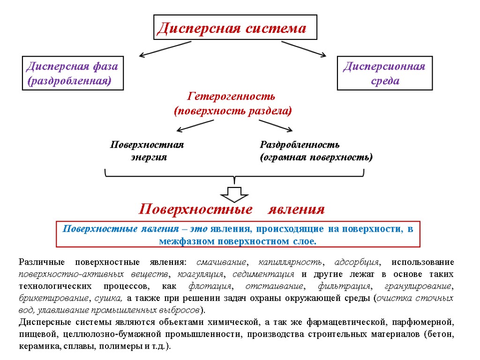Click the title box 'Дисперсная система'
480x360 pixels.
[x=235, y=27]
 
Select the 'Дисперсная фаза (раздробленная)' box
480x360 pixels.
[x=73, y=73]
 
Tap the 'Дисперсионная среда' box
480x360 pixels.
[x=384, y=73]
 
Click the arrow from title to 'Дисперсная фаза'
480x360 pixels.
[x=165, y=49]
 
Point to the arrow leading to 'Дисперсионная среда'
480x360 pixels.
[x=303, y=49]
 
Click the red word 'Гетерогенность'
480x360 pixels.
[x=231, y=97]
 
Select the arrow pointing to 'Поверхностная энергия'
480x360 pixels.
[x=195, y=125]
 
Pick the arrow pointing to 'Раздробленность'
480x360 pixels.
[x=276, y=125]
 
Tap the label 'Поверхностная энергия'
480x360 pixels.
[x=148, y=151]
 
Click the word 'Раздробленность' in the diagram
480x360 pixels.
[x=300, y=145]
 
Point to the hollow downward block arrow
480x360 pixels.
[x=234, y=194]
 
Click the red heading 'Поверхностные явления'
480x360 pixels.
[x=232, y=209]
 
